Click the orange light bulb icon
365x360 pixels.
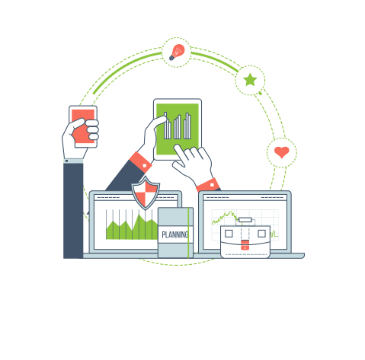pyautogui.click(x=177, y=52)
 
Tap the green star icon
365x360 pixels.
pyautogui.click(x=250, y=80)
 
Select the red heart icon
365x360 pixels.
pyautogui.click(x=282, y=152)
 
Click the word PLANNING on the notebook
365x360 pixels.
pyautogui.click(x=175, y=234)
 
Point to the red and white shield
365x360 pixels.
pyautogui.click(x=146, y=193)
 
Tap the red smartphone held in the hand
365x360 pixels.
pyautogui.click(x=83, y=126)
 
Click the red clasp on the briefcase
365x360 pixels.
pyautogui.click(x=245, y=245)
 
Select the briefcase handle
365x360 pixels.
pyautogui.click(x=245, y=220)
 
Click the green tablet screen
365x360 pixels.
pyautogui.click(x=178, y=129)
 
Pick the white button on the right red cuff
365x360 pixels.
pyautogui.click(x=212, y=185)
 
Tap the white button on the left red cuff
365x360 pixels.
pyautogui.click(x=145, y=166)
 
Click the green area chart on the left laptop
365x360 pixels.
pyautogui.click(x=132, y=227)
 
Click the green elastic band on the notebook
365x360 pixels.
pyautogui.click(x=188, y=233)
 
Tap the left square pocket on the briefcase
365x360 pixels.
pyautogui.click(x=229, y=234)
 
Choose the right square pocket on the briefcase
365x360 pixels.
pyautogui.click(x=261, y=234)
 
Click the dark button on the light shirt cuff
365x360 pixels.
pyautogui.click(x=67, y=161)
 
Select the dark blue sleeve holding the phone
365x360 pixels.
pyautogui.click(x=73, y=211)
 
